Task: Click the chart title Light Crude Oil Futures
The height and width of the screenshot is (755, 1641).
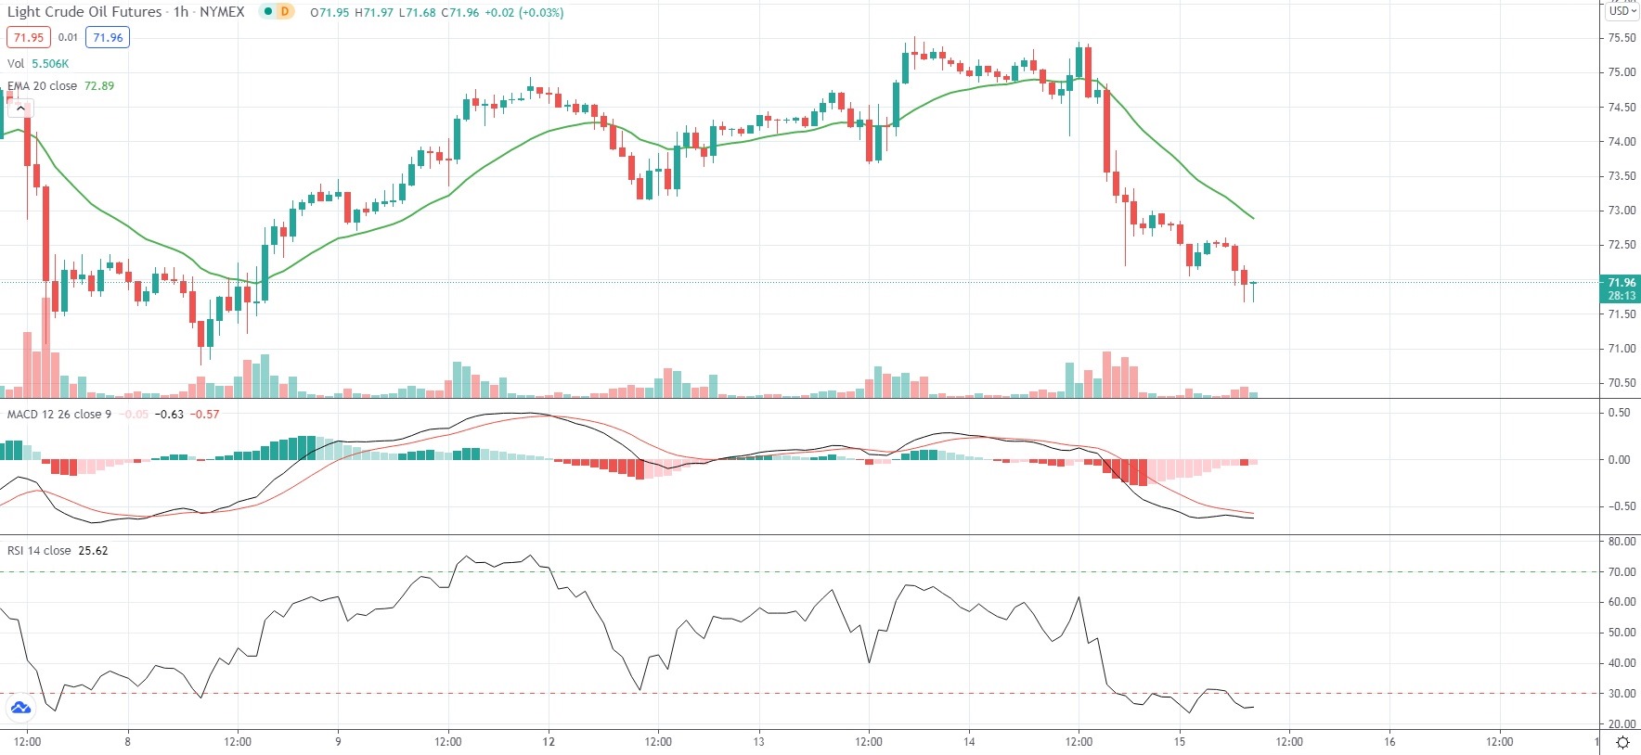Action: (x=84, y=12)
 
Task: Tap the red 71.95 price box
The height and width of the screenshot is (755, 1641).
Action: (x=28, y=37)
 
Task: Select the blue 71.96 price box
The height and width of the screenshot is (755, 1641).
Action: (x=108, y=37)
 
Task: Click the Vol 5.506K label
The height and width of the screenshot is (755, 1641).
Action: (x=38, y=63)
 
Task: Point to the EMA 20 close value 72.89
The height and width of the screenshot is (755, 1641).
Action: (x=99, y=85)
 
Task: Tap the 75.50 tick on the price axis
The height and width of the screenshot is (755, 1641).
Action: (x=1622, y=38)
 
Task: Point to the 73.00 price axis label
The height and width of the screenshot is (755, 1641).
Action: (x=1622, y=211)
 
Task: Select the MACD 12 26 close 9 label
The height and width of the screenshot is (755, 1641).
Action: (x=59, y=414)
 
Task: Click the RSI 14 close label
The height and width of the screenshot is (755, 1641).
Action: (x=39, y=550)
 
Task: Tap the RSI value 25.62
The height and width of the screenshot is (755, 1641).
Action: (x=93, y=550)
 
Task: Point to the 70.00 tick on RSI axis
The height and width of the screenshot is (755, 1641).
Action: (x=1622, y=572)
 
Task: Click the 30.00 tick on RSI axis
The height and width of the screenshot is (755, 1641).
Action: (x=1622, y=694)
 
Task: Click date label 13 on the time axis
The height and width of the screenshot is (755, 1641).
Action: (x=758, y=741)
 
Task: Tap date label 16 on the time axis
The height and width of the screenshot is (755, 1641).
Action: (x=1389, y=741)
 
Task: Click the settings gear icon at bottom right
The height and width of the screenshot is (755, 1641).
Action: (x=1622, y=742)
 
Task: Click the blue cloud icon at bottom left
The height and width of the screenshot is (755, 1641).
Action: (x=20, y=709)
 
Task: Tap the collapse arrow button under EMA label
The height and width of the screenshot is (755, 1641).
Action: (x=20, y=109)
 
